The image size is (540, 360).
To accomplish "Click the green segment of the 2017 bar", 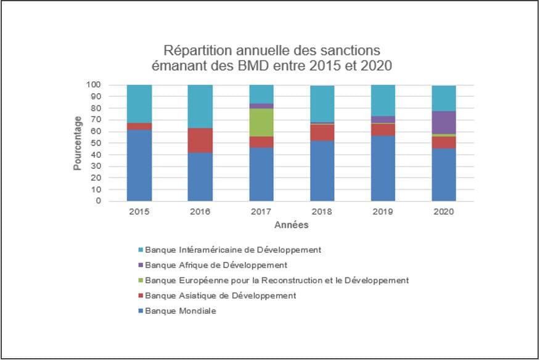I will (x=261, y=122).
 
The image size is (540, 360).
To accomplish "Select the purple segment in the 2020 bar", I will (x=444, y=122).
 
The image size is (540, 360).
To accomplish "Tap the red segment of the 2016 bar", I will (x=200, y=140).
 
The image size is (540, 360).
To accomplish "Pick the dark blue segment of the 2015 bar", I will (x=139, y=165).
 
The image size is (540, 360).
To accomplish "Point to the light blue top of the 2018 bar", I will (x=322, y=104).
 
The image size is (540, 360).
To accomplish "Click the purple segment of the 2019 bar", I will (x=383, y=119).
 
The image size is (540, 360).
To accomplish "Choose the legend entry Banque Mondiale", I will (x=181, y=311).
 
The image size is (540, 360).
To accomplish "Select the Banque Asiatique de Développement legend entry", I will (x=220, y=295).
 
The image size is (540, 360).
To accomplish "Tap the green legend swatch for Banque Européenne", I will (x=140, y=280).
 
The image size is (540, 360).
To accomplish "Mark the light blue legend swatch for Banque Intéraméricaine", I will (x=140, y=250).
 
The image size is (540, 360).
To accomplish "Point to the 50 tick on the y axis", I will (x=96, y=143).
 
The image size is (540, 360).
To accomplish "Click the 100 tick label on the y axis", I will (x=94, y=85).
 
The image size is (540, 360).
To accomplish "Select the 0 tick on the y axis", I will (x=98, y=201).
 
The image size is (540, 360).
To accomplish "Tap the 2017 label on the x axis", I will (x=261, y=211).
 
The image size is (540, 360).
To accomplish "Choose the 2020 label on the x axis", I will (x=444, y=211).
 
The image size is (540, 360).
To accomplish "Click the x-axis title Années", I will (x=291, y=226).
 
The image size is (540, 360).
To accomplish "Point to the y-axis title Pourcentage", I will (x=78, y=143).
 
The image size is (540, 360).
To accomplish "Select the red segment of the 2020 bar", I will (x=444, y=142).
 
